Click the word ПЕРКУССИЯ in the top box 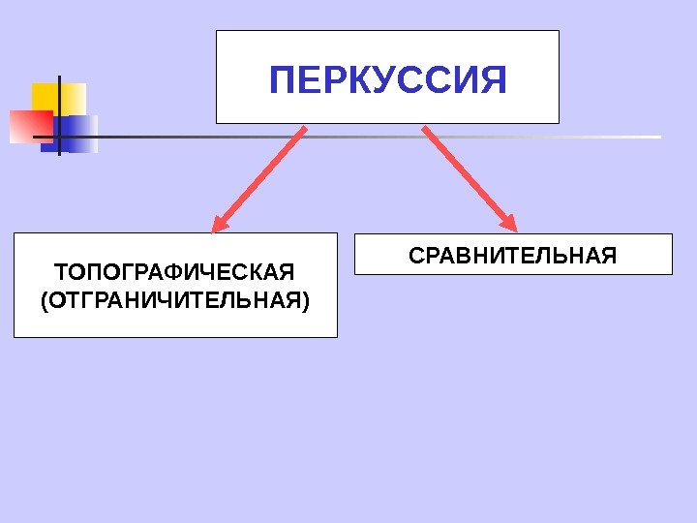(x=387, y=79)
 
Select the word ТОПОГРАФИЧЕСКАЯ (x=173, y=268)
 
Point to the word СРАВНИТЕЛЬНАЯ (x=512, y=257)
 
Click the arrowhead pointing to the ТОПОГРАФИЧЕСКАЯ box (x=219, y=225)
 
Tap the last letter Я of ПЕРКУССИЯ (x=493, y=79)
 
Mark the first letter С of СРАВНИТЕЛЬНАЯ (x=416, y=257)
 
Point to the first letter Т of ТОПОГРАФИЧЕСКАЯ (x=60, y=268)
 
